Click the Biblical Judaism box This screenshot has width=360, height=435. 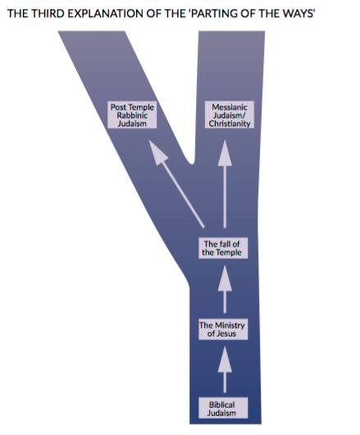pyautogui.click(x=223, y=408)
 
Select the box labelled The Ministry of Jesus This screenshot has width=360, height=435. pyautogui.click(x=223, y=329)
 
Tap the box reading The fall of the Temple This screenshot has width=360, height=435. pyautogui.click(x=223, y=248)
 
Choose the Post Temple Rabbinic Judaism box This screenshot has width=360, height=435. pyautogui.click(x=132, y=115)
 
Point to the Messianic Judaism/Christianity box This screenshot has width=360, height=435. pyautogui.click(x=230, y=115)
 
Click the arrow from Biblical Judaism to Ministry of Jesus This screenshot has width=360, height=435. pyautogui.click(x=225, y=369)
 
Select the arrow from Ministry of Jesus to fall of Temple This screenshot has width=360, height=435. pyautogui.click(x=225, y=289)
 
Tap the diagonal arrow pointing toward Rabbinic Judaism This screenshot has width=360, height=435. pyautogui.click(x=176, y=184)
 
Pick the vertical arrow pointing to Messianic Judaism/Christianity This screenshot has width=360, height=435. pyautogui.click(x=225, y=184)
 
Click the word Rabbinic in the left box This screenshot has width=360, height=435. pyautogui.click(x=132, y=116)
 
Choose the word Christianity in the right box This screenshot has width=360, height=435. pyautogui.click(x=230, y=124)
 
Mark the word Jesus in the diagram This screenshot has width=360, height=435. pyautogui.click(x=226, y=333)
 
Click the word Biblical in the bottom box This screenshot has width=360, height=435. pyautogui.click(x=222, y=405)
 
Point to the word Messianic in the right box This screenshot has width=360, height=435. pyautogui.click(x=230, y=107)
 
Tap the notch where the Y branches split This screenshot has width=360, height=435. pyautogui.click(x=191, y=163)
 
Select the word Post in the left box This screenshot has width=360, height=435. pyautogui.click(x=118, y=107)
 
